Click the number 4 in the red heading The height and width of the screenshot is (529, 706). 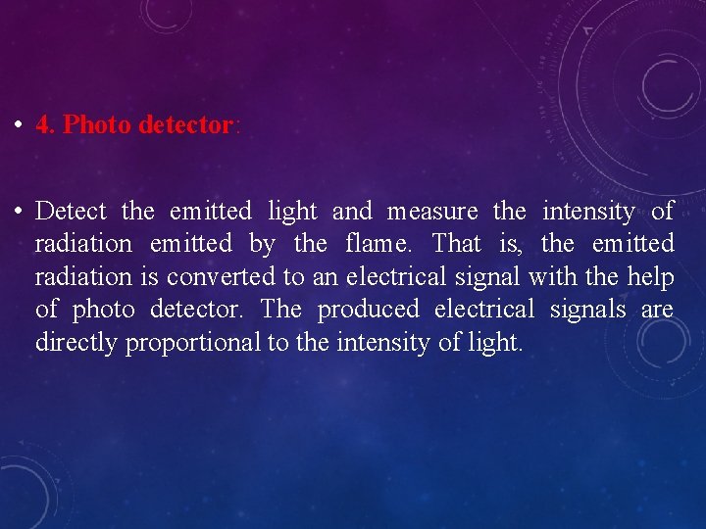point(42,125)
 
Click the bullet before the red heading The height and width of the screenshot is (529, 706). point(20,126)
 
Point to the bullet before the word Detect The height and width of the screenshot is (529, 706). point(20,212)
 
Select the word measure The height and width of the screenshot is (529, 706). point(432,212)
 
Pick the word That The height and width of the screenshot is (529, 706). point(457,244)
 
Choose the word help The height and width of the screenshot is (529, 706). point(652,277)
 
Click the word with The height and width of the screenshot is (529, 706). point(553,277)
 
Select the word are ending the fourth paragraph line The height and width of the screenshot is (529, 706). point(657,311)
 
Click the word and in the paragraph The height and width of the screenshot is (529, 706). point(352,212)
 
